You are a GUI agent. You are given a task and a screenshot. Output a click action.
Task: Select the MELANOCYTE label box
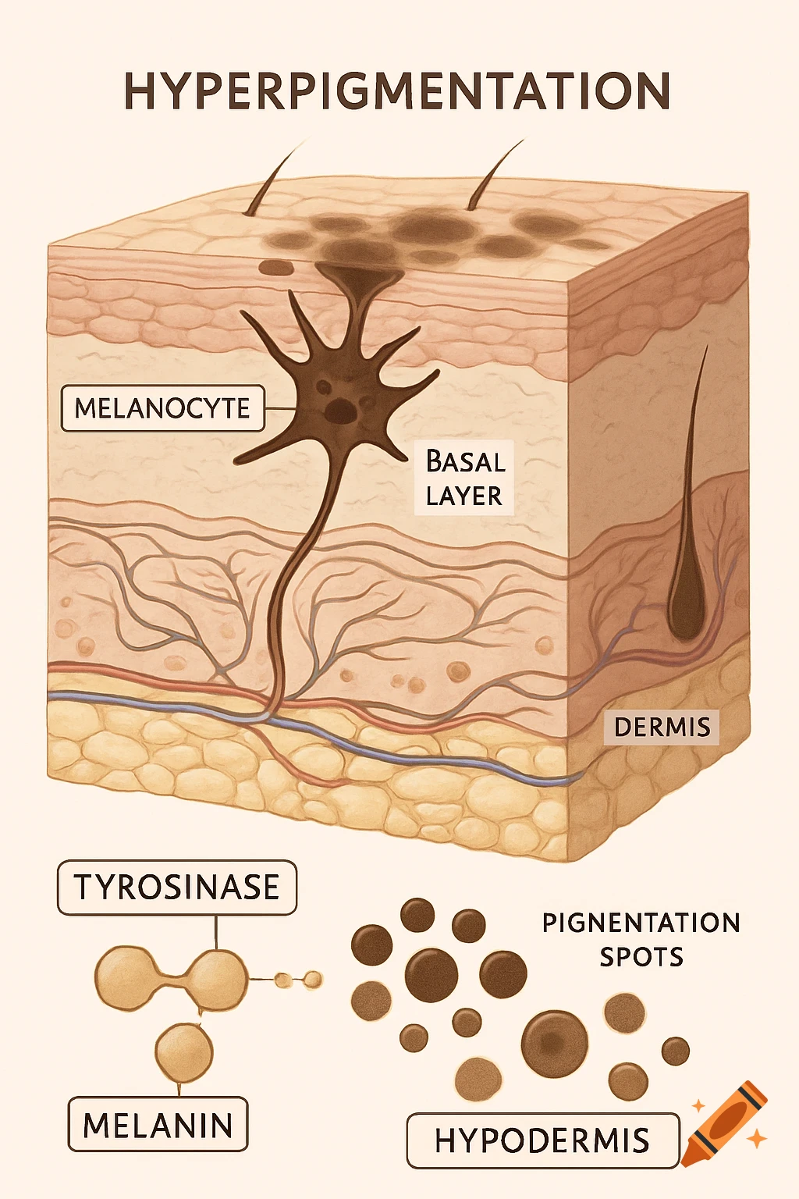162,408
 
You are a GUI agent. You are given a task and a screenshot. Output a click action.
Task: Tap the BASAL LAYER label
464,479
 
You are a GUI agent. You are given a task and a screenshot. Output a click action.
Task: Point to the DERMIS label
662,728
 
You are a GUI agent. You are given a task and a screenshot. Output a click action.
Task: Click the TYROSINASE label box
177,888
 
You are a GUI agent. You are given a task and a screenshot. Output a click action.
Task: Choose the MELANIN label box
158,1125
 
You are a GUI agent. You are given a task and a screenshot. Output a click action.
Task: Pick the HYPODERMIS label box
542,1140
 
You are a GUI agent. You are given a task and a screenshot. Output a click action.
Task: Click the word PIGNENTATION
641,923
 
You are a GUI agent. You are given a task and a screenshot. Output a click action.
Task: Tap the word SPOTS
641,957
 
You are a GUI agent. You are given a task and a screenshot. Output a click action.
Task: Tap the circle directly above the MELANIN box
183,1051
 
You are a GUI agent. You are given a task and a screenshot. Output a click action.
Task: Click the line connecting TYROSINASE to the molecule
216,933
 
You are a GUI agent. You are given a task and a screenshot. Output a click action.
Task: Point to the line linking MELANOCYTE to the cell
279,408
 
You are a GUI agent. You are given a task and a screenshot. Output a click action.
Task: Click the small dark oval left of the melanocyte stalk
276,268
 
